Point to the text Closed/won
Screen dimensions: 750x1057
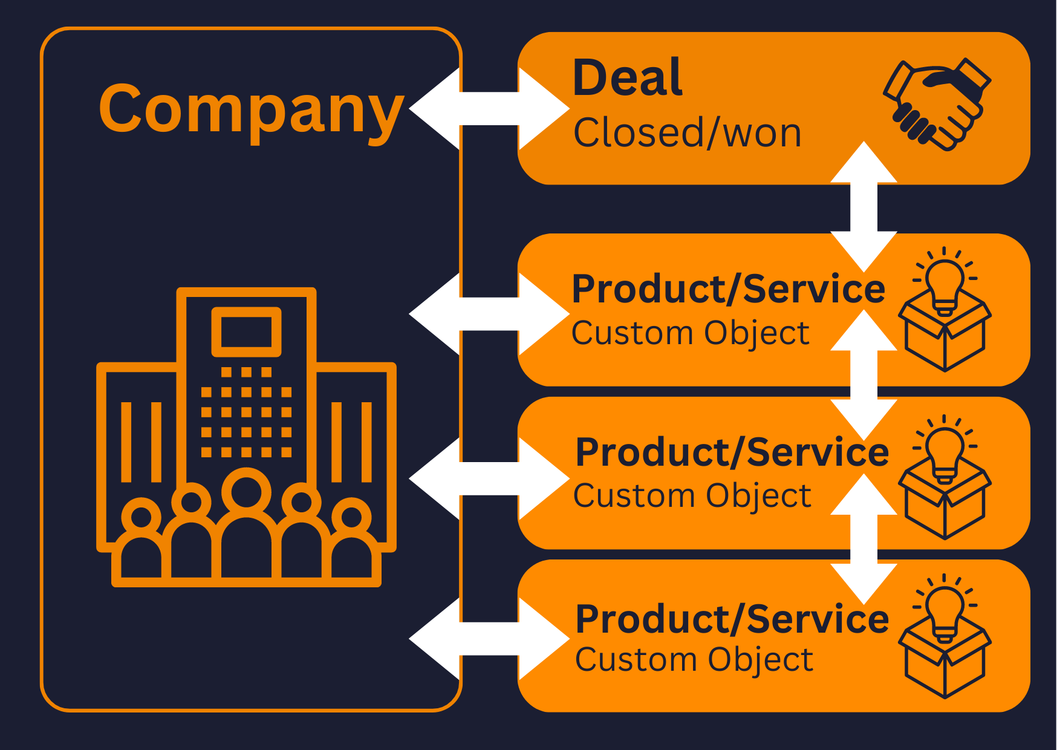(x=687, y=133)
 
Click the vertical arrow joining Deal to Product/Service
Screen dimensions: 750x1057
(x=863, y=207)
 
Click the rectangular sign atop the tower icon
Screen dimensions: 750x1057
(x=246, y=331)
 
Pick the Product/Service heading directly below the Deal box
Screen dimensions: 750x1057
(x=728, y=289)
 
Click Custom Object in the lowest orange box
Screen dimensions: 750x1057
(x=694, y=659)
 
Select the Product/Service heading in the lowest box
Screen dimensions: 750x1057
(x=732, y=619)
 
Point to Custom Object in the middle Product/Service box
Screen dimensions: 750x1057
(x=692, y=496)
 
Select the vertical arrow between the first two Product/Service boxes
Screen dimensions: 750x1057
(x=863, y=375)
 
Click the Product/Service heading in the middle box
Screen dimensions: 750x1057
(x=732, y=452)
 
